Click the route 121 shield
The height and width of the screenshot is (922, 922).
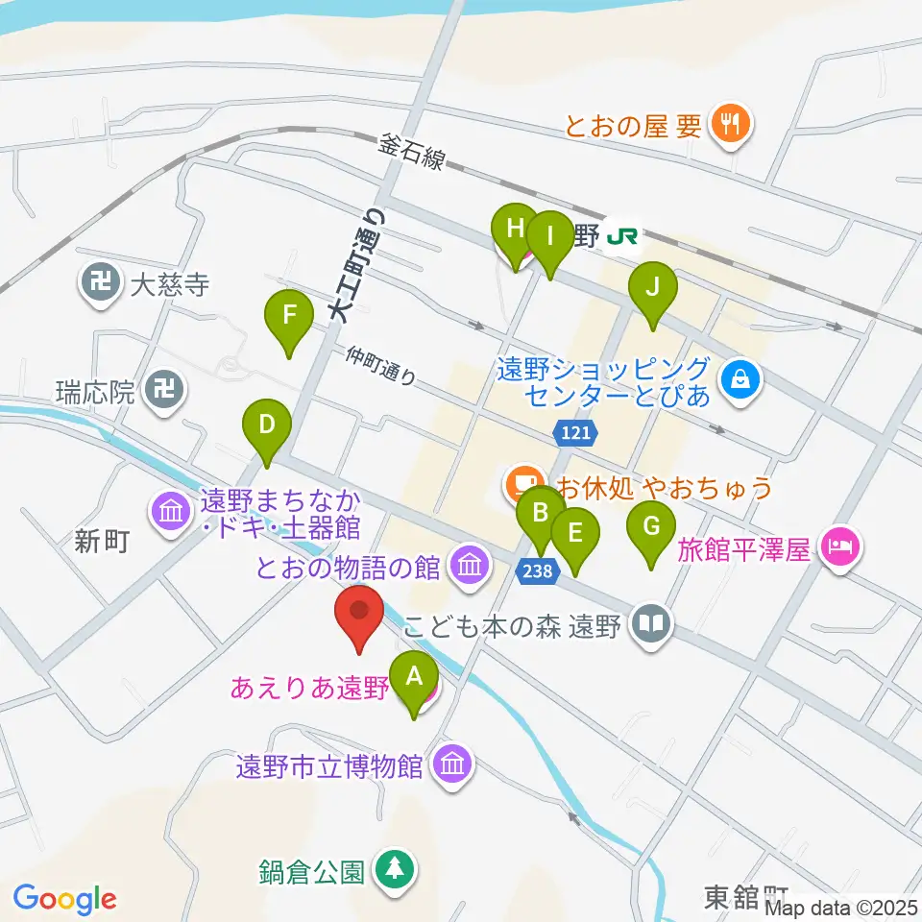point(577,434)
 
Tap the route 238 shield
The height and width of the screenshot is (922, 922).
point(537,571)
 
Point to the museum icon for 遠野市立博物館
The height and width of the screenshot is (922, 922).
point(449,764)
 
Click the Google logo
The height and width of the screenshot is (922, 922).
point(65,898)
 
